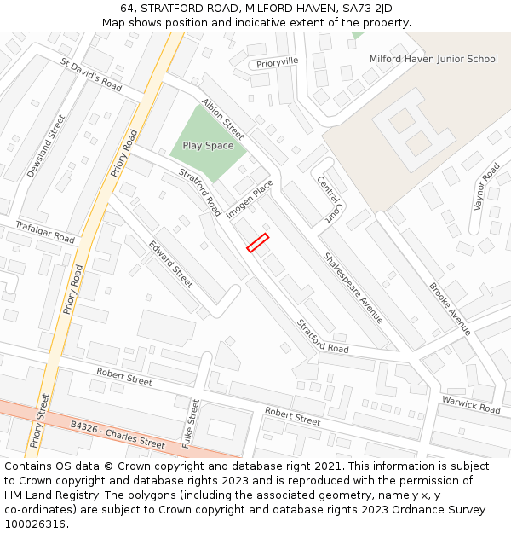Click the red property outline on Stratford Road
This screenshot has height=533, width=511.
point(257,243)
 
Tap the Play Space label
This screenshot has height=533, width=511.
point(208,146)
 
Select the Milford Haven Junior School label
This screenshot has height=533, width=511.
point(433,59)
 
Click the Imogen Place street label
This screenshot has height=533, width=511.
point(250,198)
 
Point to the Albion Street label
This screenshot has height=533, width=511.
point(223,118)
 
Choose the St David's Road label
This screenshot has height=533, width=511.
point(91,74)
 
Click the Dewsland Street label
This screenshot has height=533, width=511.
point(45,146)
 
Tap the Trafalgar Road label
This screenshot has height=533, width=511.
point(45,232)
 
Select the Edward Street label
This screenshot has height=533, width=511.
point(170,264)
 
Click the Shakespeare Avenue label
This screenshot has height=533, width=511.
point(353,287)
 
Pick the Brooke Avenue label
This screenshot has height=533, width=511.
point(450,309)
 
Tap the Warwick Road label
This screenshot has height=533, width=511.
point(470,404)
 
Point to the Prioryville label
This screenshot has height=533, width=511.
point(278,62)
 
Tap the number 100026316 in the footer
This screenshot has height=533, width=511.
point(36,524)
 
